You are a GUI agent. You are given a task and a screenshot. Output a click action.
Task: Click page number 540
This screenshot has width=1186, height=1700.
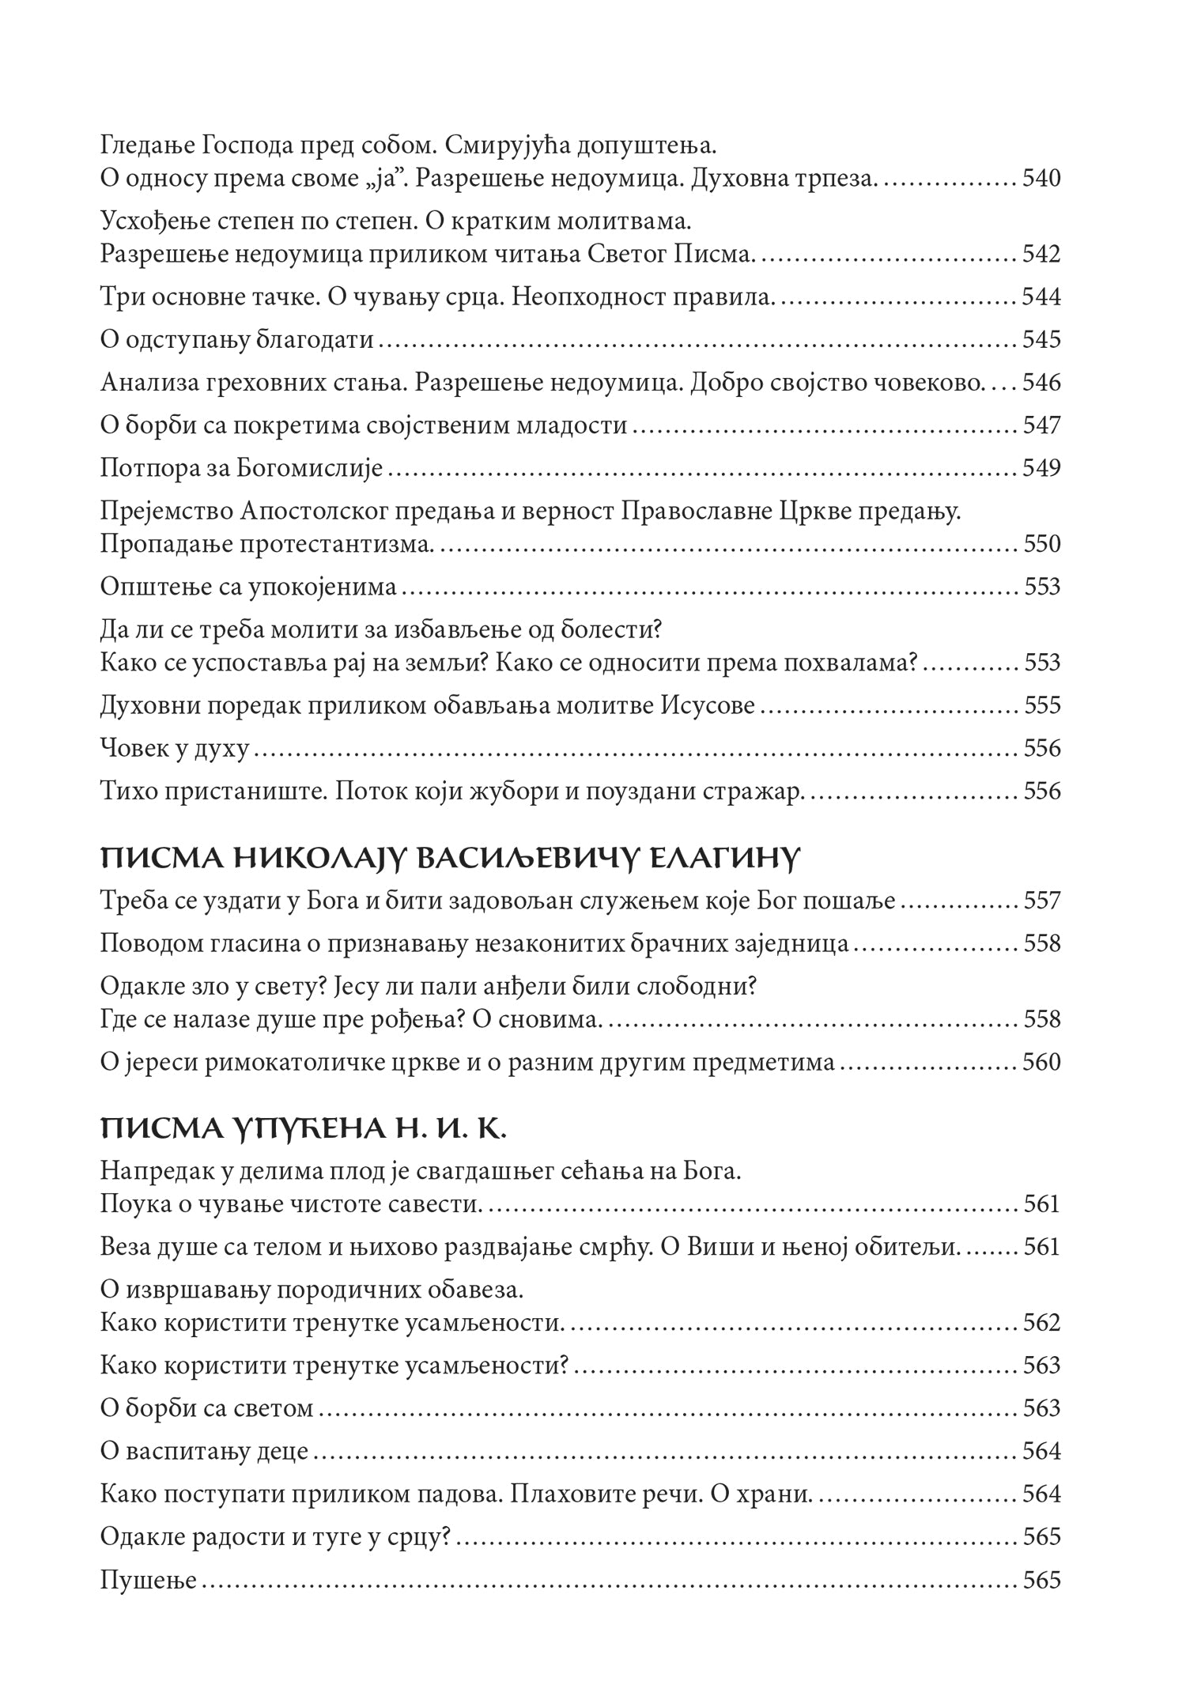[1041, 179]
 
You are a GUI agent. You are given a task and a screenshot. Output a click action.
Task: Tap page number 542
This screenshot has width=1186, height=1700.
[1041, 255]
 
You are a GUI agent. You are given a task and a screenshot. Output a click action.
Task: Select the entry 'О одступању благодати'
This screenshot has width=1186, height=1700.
[237, 340]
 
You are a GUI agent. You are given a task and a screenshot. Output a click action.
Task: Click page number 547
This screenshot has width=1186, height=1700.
[1041, 425]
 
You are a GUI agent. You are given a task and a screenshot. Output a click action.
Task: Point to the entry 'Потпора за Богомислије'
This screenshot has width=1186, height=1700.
[242, 469]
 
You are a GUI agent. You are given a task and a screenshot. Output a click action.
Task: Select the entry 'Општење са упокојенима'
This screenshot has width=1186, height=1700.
[248, 587]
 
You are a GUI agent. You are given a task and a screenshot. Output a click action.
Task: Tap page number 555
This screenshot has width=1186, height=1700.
[1041, 705]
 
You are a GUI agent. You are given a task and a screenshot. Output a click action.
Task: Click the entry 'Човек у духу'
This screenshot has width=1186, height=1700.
[175, 748]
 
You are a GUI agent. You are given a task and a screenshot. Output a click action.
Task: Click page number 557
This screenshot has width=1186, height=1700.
[1041, 901]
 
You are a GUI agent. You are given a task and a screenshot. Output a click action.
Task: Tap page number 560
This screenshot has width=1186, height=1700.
[1041, 1062]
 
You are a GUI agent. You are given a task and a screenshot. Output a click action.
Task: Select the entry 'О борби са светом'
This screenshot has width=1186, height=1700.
[207, 1408]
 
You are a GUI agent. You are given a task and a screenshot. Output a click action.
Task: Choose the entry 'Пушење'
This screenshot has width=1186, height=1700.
[148, 1581]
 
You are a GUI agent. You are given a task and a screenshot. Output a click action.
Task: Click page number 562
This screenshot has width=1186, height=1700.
[1041, 1323]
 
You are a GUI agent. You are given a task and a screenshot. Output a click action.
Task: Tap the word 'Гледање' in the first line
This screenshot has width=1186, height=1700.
[149, 146]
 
